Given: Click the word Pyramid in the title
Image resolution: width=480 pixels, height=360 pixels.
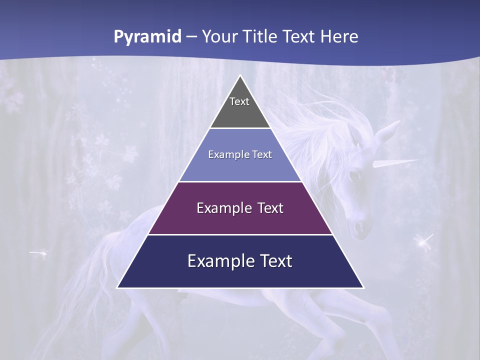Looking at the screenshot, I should pos(147,37).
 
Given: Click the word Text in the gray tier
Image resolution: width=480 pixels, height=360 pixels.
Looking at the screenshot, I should pos(239,101).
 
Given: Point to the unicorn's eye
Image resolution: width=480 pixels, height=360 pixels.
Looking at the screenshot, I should pos(354,175).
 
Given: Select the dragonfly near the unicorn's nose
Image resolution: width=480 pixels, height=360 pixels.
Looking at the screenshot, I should pos(424,242).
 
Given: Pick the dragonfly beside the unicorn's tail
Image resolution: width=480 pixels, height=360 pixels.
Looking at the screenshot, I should pos(39,253).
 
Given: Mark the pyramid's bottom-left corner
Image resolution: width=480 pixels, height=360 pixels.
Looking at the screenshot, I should pos(118,287).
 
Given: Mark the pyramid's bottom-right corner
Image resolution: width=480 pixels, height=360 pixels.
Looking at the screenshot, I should pos(363,287).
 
